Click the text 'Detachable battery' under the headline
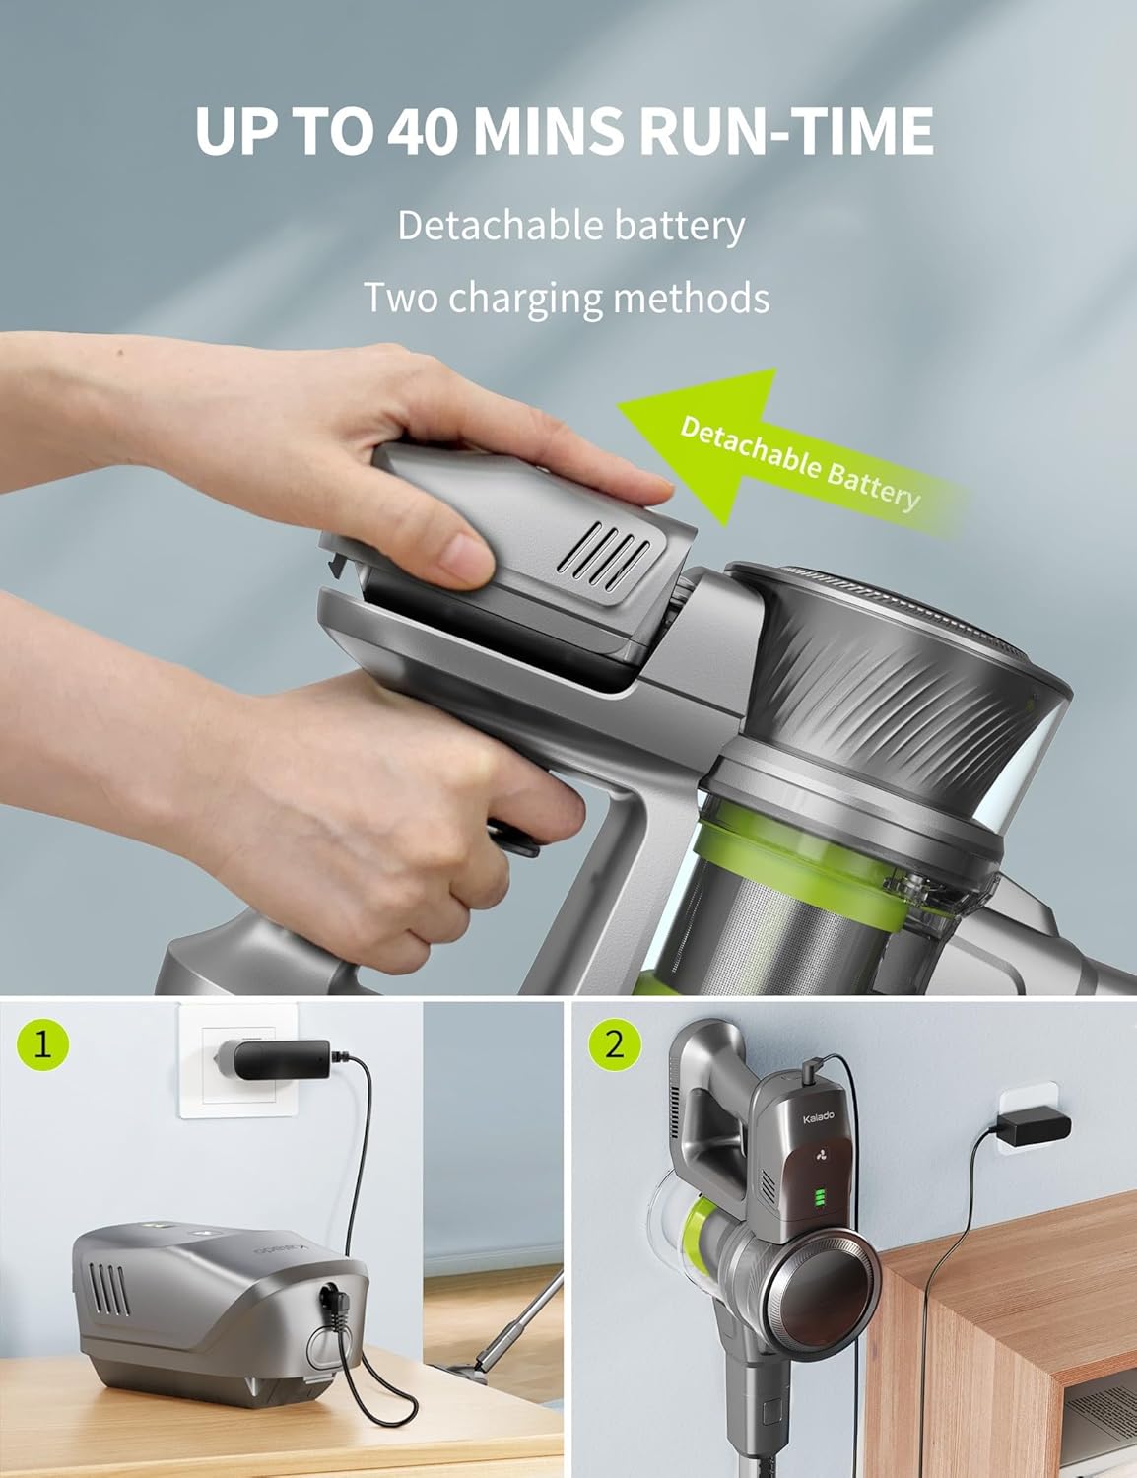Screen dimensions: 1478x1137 point(570,226)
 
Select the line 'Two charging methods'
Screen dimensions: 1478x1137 point(567,297)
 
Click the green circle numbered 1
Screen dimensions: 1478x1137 point(41,1044)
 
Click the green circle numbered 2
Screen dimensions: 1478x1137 point(615,1044)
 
